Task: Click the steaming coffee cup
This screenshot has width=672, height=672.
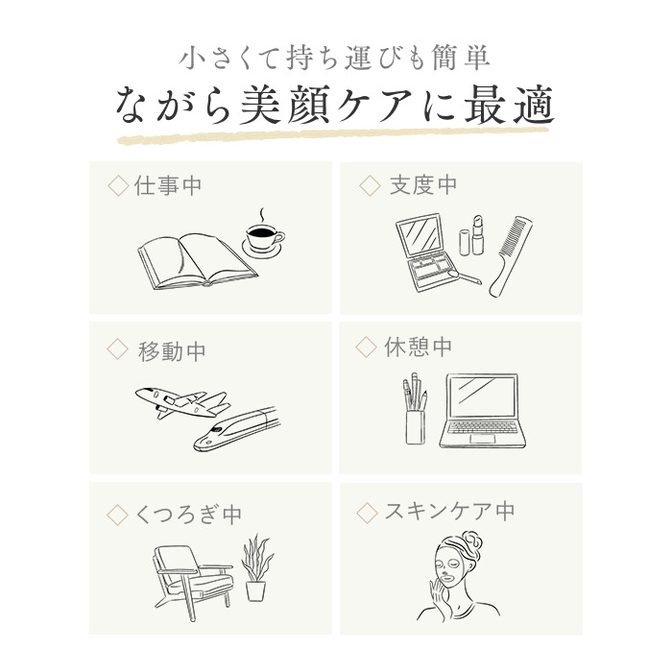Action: tap(264, 239)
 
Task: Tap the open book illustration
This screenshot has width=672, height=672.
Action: tap(198, 261)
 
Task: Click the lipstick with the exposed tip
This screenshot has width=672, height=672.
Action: tap(477, 235)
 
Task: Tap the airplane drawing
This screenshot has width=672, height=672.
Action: tap(182, 403)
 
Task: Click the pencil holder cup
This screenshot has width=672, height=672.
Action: tap(416, 427)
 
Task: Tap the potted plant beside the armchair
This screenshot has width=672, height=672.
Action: tap(256, 568)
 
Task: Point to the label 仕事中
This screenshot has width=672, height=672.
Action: tap(168, 186)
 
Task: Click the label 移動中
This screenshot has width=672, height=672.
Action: tap(172, 351)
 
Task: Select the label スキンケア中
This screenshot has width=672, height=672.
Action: tap(449, 511)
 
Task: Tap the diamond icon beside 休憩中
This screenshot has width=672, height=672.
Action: tap(367, 347)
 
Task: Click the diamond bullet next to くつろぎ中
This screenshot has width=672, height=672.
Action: tap(117, 515)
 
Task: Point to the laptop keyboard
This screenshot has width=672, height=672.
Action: tap(483, 427)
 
